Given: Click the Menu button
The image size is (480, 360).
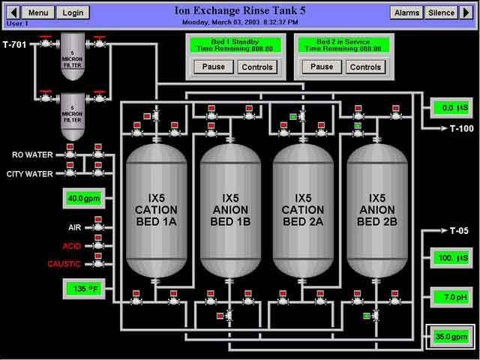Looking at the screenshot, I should point(38,13).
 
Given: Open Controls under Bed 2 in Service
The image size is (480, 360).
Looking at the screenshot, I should point(365,67).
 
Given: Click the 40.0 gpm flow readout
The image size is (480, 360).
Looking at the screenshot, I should point(82,199).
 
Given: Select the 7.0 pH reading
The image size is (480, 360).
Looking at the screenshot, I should point(450,298).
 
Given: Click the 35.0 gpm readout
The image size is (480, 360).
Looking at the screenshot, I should point(450,337).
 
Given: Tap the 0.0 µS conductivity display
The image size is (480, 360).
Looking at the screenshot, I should point(450,109).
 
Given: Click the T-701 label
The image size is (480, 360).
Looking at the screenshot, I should point(14,45).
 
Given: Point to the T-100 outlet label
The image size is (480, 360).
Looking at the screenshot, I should point(461,128).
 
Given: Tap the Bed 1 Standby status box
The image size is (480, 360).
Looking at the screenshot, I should point(235,44).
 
